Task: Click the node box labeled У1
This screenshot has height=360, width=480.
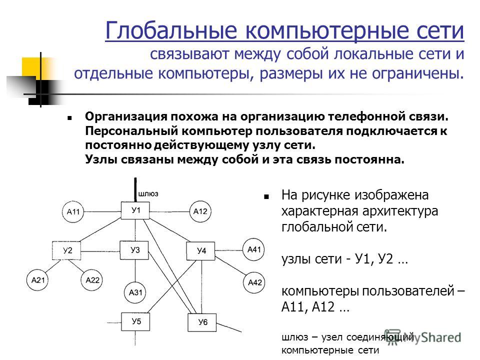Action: (135, 210)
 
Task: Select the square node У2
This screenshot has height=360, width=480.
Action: (66, 250)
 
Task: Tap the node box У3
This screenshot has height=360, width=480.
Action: (134, 250)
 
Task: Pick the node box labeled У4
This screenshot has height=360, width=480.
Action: (201, 251)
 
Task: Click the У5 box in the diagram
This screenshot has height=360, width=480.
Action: (135, 321)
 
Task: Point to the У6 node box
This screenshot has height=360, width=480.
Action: (202, 322)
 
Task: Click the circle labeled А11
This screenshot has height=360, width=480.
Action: (73, 211)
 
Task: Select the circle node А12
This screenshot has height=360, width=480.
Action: (200, 211)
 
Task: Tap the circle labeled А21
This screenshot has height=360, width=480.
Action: (37, 280)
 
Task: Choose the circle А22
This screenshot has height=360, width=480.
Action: (92, 280)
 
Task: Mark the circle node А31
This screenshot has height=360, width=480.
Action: (135, 292)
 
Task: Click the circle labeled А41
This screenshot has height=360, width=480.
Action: (254, 249)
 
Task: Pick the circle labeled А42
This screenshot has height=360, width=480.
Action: (254, 282)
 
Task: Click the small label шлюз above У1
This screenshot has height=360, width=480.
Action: (148, 194)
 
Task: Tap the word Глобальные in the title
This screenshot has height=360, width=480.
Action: (171, 30)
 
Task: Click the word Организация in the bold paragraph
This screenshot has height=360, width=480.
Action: (126, 116)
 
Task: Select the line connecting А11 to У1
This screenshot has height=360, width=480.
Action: (102, 211)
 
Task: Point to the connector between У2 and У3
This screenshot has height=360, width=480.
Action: (100, 251)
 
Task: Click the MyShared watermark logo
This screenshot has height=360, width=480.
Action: (423, 337)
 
